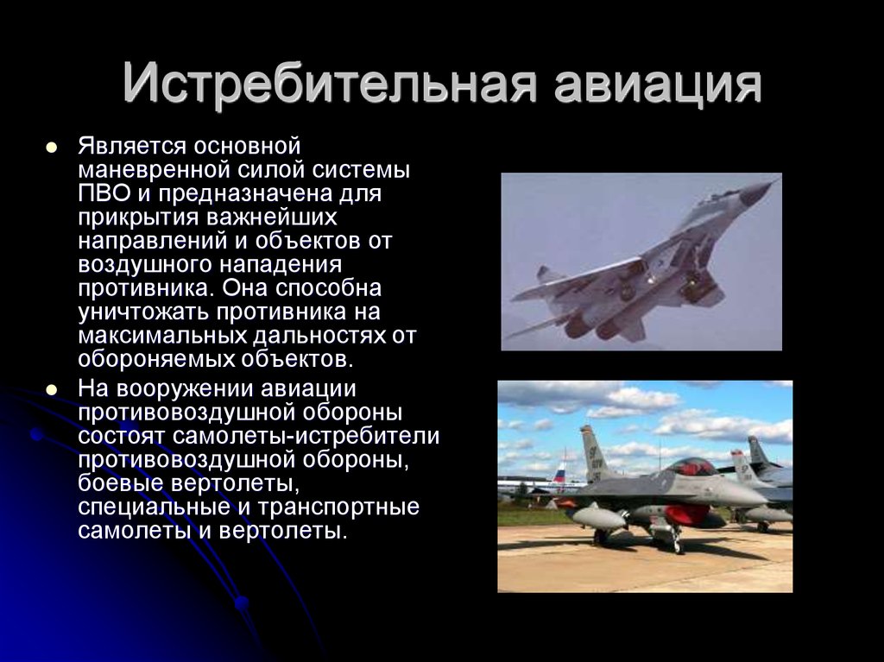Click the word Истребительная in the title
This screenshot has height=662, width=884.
click(x=329, y=84)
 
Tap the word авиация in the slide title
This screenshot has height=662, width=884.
click(x=658, y=85)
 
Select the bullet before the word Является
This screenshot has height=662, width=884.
click(x=52, y=148)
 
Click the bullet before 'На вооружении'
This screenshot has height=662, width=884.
click(x=52, y=390)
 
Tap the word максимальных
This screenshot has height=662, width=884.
click(x=162, y=336)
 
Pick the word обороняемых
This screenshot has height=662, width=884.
click(x=156, y=360)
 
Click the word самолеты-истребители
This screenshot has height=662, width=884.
click(x=306, y=437)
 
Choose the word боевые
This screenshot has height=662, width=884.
click(x=121, y=484)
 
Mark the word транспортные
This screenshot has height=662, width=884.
click(x=338, y=507)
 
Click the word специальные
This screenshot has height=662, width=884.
click(x=155, y=507)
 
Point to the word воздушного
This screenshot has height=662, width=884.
click(x=145, y=265)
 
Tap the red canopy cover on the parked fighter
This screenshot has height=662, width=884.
click(x=691, y=467)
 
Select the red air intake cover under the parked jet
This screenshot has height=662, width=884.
click(x=686, y=514)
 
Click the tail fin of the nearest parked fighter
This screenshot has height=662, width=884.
click(x=594, y=453)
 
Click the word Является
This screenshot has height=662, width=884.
click(x=133, y=147)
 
